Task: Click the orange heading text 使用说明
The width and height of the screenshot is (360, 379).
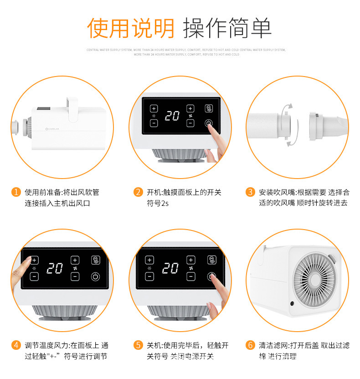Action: (x=131, y=28)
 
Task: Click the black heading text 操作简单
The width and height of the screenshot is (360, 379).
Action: (x=227, y=28)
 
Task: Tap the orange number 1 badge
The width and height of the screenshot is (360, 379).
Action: (x=16, y=192)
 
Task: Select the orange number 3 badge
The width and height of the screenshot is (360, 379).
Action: (x=250, y=192)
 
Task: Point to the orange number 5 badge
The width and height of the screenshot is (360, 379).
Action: (x=138, y=345)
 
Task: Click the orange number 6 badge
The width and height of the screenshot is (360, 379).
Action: (x=250, y=345)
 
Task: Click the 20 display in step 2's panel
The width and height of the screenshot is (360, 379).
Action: (x=172, y=116)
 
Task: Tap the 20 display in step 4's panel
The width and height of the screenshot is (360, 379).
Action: (x=54, y=268)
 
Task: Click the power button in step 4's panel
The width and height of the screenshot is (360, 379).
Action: (x=95, y=276)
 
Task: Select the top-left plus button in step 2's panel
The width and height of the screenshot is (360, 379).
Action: (x=154, y=108)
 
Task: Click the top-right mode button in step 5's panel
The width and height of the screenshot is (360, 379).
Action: (x=211, y=260)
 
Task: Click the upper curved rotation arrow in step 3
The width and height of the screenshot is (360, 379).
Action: (x=286, y=108)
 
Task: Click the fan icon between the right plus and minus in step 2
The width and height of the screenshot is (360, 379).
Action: (x=190, y=116)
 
